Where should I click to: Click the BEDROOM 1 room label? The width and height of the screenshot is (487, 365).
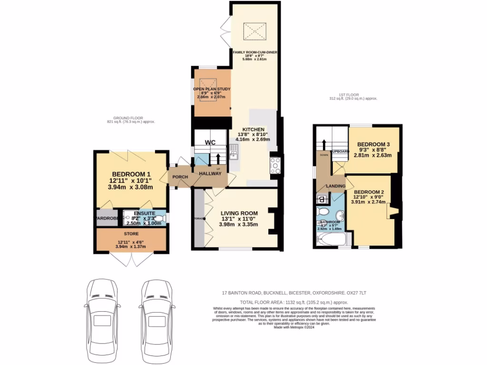(x=132, y=173)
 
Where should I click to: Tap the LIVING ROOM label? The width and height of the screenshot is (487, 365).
(x=239, y=213)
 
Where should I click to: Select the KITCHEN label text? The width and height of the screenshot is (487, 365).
(x=253, y=129)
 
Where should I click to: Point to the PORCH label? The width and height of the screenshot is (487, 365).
(x=180, y=177)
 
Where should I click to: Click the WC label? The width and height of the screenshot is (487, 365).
(x=210, y=142)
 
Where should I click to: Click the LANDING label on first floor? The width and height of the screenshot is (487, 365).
(x=335, y=186)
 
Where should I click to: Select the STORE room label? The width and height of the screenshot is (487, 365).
(x=131, y=233)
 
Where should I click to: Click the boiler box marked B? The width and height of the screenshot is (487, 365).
(x=321, y=199)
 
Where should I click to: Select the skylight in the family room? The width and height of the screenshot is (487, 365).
(x=254, y=31)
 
